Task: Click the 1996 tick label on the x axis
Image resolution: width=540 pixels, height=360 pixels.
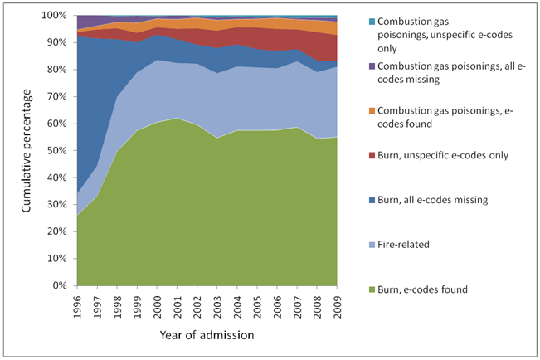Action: click(x=77, y=307)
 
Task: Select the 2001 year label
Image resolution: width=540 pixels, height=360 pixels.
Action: click(x=178, y=307)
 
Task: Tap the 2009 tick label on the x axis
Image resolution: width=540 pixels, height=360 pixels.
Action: click(x=337, y=307)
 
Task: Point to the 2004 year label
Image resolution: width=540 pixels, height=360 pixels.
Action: click(x=237, y=307)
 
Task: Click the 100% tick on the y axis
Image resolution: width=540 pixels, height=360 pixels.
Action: click(x=54, y=16)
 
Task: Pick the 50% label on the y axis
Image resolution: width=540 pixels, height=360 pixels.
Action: click(x=56, y=150)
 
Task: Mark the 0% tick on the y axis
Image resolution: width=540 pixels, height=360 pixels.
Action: click(x=59, y=285)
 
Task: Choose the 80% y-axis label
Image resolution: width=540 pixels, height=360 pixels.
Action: click(x=56, y=70)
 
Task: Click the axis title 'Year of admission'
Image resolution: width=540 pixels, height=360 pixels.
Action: click(x=207, y=335)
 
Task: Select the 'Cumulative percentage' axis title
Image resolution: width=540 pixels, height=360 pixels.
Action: click(x=27, y=150)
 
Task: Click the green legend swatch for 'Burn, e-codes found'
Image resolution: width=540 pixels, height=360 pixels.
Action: click(x=372, y=289)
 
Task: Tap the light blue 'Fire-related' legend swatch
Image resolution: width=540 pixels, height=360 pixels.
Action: click(x=372, y=245)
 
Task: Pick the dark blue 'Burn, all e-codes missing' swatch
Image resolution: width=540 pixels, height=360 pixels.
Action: click(x=372, y=200)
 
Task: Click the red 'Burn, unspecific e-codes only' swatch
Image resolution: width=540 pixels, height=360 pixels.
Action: click(x=372, y=156)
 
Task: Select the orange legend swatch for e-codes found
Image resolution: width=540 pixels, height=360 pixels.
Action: click(x=372, y=111)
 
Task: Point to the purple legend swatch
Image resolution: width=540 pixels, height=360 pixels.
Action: click(x=372, y=66)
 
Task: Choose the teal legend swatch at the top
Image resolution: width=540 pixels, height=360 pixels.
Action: click(x=372, y=22)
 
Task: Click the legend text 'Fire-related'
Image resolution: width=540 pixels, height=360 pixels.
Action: click(x=403, y=245)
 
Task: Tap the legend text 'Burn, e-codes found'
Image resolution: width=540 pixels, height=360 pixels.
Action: click(x=422, y=289)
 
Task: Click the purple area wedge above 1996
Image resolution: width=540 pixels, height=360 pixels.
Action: click(x=85, y=22)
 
